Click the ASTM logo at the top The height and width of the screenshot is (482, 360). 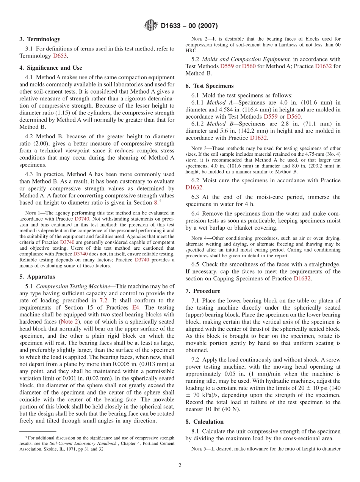[150, 26]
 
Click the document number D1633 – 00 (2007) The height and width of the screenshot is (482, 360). [189, 26]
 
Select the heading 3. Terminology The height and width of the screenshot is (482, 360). [40, 39]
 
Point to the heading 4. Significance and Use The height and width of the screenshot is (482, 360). [51, 68]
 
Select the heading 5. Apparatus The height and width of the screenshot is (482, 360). [37, 277]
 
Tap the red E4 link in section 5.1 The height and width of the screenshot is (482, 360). [135, 308]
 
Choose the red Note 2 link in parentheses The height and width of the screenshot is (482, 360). [69, 322]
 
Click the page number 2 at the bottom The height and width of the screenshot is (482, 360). [180, 465]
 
